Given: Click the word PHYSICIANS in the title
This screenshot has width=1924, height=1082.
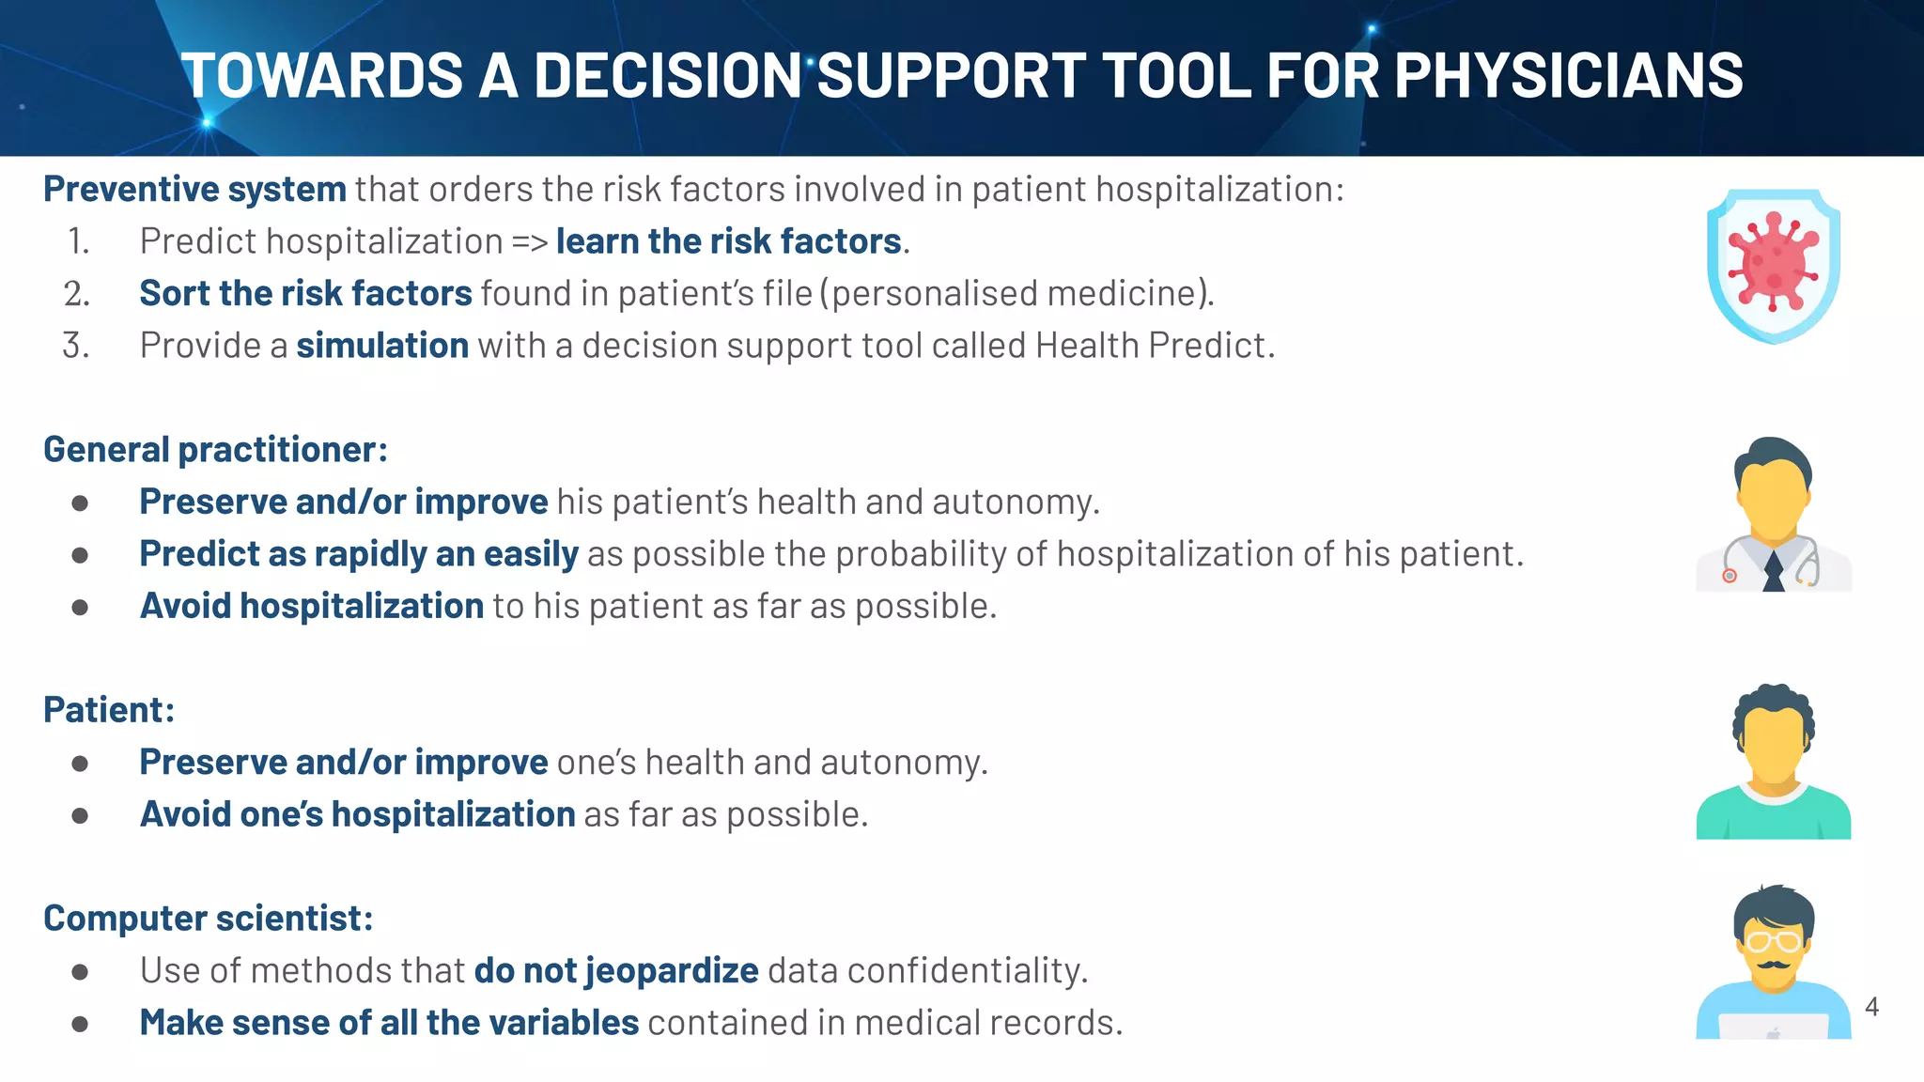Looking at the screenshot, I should click(1568, 75).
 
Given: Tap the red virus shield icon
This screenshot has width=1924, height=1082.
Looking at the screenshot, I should click(1773, 266).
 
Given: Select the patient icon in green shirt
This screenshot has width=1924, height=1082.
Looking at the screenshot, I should click(1773, 762).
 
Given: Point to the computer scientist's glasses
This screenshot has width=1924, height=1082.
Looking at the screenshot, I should click(1773, 940).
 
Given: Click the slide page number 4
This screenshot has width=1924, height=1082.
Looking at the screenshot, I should click(1871, 1007).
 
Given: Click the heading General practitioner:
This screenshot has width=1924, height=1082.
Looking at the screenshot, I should click(215, 450).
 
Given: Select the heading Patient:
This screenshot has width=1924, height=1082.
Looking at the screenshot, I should click(109, 710).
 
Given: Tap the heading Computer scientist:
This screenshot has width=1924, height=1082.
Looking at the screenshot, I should click(208, 919).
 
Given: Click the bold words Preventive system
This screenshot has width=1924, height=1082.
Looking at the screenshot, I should click(194, 190).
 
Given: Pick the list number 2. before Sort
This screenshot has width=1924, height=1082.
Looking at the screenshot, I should click(77, 294).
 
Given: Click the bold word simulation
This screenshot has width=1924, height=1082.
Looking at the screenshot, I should click(382, 346).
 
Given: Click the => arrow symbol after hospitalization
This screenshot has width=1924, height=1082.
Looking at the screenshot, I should click(530, 242).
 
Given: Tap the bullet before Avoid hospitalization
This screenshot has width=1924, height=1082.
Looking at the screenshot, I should click(80, 608).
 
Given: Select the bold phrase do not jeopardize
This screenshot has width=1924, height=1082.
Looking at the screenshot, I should click(615, 970).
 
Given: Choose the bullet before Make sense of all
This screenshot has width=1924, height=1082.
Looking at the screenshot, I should click(80, 1024).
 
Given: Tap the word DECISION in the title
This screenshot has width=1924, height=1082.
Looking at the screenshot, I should click(667, 75).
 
